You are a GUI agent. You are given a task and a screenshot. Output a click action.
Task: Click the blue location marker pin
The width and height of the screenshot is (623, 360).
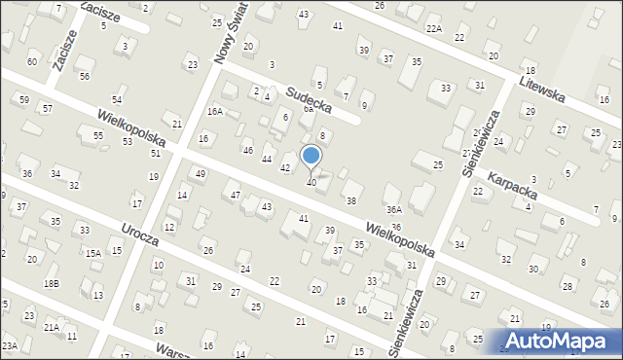tap(311, 157)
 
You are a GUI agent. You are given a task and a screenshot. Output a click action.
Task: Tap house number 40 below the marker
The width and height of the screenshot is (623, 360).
tap(311, 183)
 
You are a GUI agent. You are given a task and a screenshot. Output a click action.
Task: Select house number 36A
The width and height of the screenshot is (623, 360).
tap(393, 209)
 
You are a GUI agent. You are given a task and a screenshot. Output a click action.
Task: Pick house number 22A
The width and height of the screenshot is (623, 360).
tap(434, 29)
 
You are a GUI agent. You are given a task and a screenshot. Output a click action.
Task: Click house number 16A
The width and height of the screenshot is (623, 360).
tap(214, 112)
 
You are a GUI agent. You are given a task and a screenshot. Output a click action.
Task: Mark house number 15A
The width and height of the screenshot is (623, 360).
tap(92, 253)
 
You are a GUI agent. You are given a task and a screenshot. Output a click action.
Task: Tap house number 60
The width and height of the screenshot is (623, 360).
tap(32, 61)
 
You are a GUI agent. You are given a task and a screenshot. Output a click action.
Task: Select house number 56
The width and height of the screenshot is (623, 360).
tap(85, 76)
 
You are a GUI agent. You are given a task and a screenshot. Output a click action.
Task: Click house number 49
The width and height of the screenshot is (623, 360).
tap(200, 173)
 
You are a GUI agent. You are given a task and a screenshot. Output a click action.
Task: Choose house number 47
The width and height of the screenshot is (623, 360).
tap(235, 196)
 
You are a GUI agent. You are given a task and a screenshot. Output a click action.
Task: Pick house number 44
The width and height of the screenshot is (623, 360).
tap(266, 159)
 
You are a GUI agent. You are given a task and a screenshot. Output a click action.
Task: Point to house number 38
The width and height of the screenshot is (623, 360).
tap(350, 200)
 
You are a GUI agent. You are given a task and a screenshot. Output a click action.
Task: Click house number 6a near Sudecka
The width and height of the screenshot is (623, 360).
tap(307, 109)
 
